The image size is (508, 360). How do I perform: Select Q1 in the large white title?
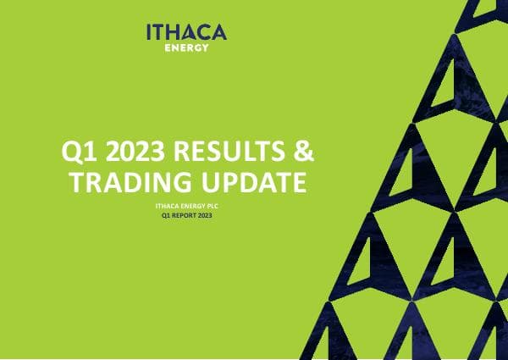(x=80, y=153)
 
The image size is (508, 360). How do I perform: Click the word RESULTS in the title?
(x=228, y=153)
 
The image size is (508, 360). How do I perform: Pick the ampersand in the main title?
(x=303, y=153)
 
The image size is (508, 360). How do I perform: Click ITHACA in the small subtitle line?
(x=166, y=208)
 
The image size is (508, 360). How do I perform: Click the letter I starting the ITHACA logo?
(x=149, y=32)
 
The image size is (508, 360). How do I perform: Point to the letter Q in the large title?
(x=73, y=153)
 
